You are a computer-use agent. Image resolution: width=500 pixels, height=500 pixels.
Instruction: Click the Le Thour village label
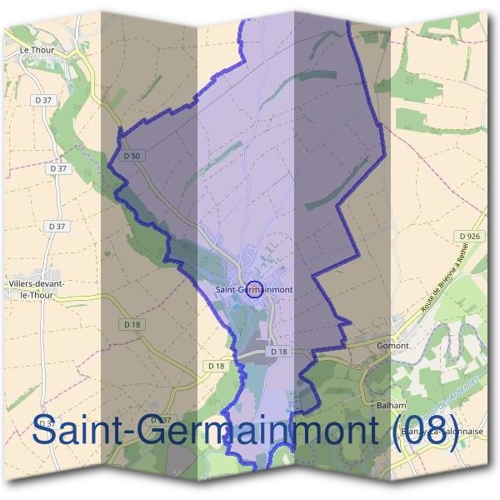(36, 50)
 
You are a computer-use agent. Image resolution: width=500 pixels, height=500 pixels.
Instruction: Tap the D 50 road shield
(130, 155)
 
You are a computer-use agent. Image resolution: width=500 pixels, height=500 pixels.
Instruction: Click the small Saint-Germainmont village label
(253, 290)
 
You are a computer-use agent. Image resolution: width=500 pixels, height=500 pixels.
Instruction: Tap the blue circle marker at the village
(256, 290)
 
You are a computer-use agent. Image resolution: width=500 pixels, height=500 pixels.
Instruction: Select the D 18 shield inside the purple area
(278, 352)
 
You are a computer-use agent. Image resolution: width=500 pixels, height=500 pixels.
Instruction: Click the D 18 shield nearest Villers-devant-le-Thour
(131, 323)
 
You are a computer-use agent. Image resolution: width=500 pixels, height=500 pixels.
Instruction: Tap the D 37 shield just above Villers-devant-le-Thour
(57, 226)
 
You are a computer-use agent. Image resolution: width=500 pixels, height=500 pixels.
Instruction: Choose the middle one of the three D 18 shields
(215, 366)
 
